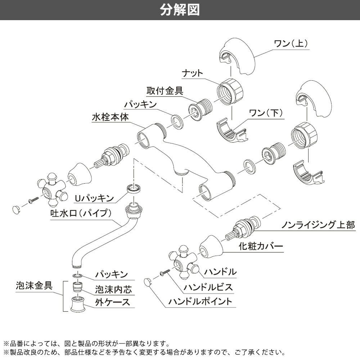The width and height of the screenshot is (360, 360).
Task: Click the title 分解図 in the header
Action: click(180, 10)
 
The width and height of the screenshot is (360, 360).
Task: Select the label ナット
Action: click(193, 73)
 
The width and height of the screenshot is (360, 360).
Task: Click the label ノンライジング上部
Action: click(318, 225)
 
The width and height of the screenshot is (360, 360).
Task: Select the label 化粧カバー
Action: click(261, 247)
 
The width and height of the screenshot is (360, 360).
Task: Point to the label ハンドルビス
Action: click(208, 288)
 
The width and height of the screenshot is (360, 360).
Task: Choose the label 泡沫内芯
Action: click(113, 288)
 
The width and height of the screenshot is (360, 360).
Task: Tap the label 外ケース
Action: click(113, 302)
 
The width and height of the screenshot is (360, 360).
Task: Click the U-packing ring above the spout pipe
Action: click(134, 188)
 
